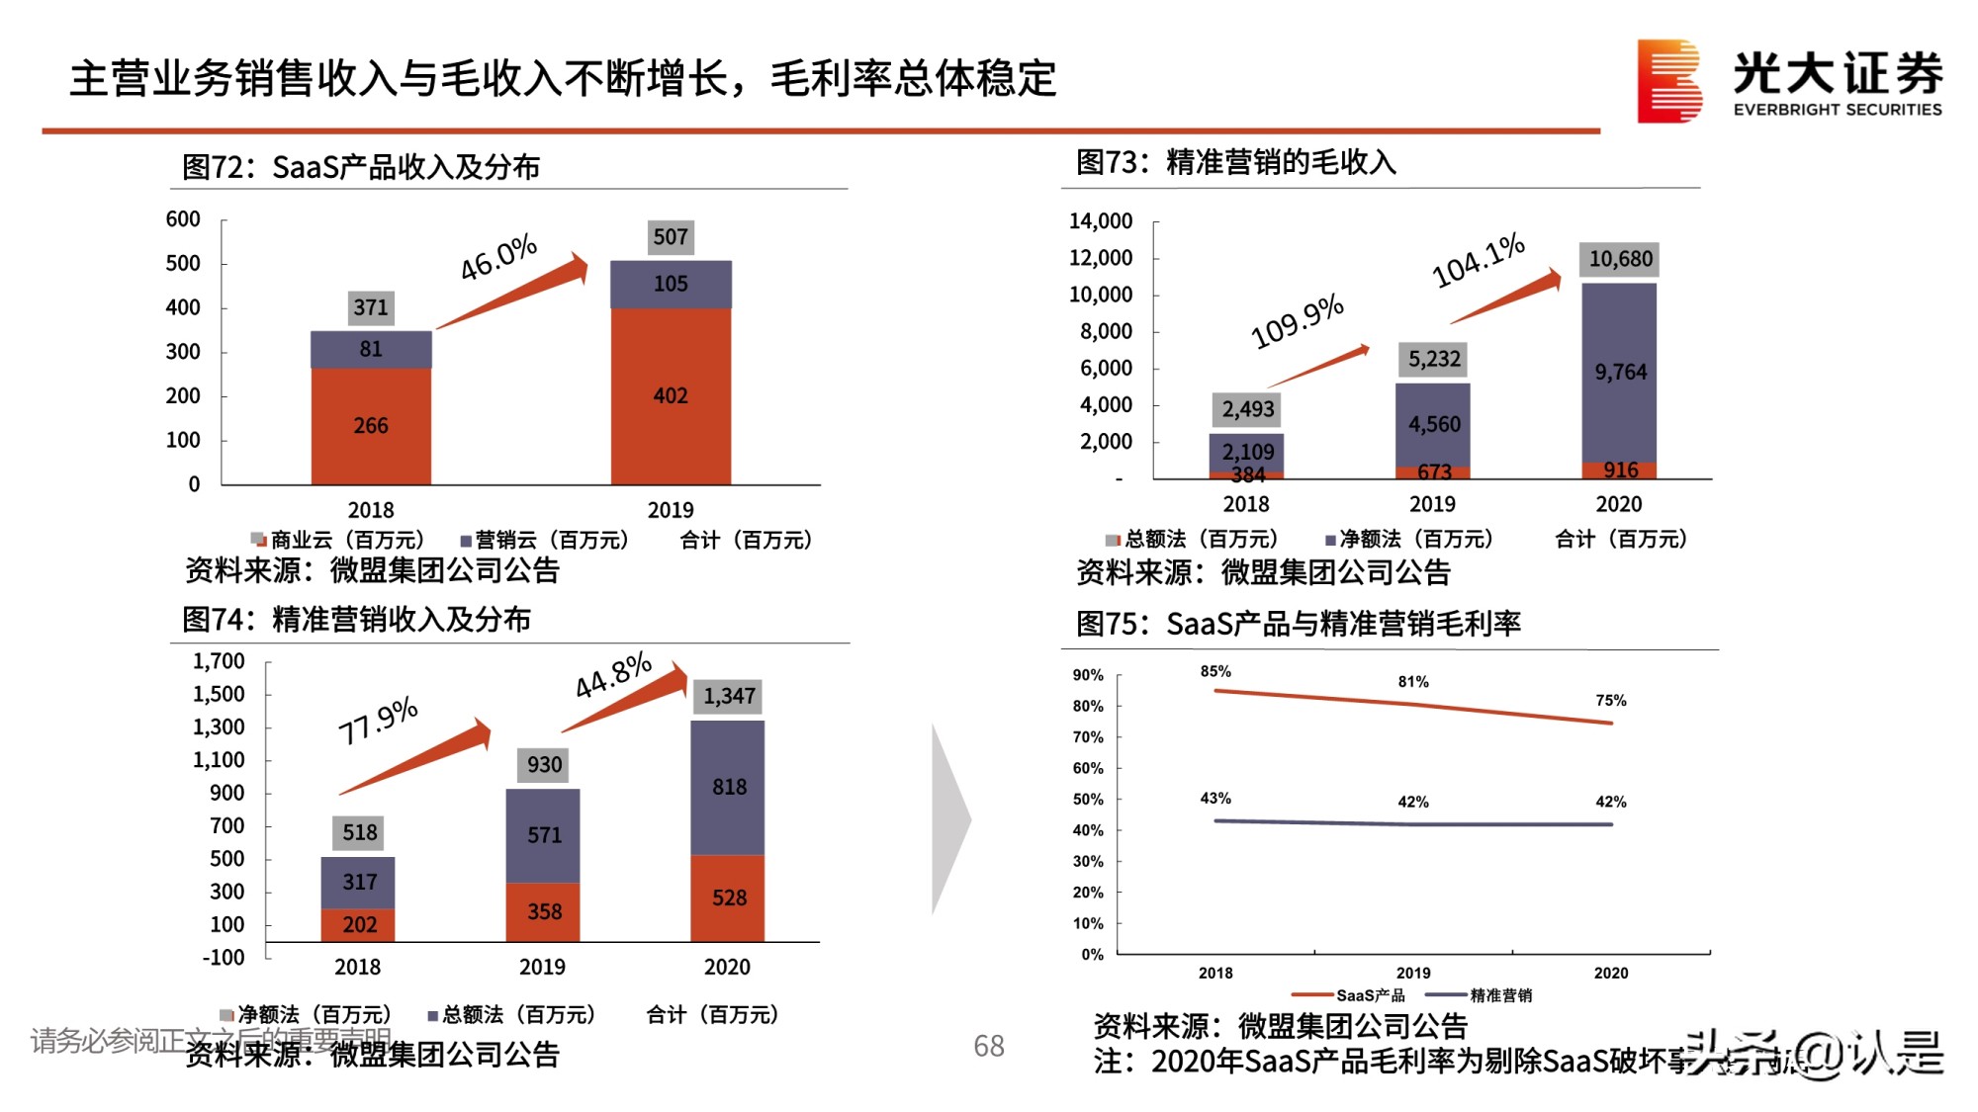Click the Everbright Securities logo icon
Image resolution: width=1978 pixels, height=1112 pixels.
pyautogui.click(x=1668, y=81)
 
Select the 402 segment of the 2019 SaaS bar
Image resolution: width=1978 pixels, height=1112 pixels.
pyautogui.click(x=671, y=396)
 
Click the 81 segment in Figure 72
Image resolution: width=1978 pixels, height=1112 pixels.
pyautogui.click(x=371, y=349)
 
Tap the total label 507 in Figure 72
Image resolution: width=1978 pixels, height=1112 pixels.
pyautogui.click(x=671, y=237)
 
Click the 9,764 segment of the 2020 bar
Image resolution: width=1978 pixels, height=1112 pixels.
pyautogui.click(x=1619, y=373)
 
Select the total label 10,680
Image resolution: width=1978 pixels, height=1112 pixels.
pyautogui.click(x=1619, y=259)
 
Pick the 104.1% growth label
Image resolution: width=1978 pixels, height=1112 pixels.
pyautogui.click(x=1479, y=261)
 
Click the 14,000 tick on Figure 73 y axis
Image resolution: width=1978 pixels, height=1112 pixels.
pyautogui.click(x=1100, y=221)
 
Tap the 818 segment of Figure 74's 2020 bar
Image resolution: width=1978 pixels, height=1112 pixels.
pyautogui.click(x=729, y=788)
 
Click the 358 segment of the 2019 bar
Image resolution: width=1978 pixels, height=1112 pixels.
pyautogui.click(x=544, y=911)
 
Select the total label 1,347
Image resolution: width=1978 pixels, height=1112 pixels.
pyautogui.click(x=729, y=697)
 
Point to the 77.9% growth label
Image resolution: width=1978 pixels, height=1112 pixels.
pyautogui.click(x=378, y=722)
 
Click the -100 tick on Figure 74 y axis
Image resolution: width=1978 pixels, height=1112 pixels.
pyautogui.click(x=224, y=958)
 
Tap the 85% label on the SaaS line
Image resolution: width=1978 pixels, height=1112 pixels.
pyautogui.click(x=1215, y=672)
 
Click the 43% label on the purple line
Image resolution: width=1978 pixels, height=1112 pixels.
pyautogui.click(x=1215, y=799)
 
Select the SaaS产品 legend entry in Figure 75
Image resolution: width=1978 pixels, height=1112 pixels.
pyautogui.click(x=1350, y=995)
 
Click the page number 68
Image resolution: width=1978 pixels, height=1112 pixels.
pyautogui.click(x=988, y=1046)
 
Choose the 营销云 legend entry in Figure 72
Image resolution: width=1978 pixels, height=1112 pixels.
pyautogui.click(x=544, y=541)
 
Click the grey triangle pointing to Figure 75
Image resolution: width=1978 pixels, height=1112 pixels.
pyautogui.click(x=949, y=819)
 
